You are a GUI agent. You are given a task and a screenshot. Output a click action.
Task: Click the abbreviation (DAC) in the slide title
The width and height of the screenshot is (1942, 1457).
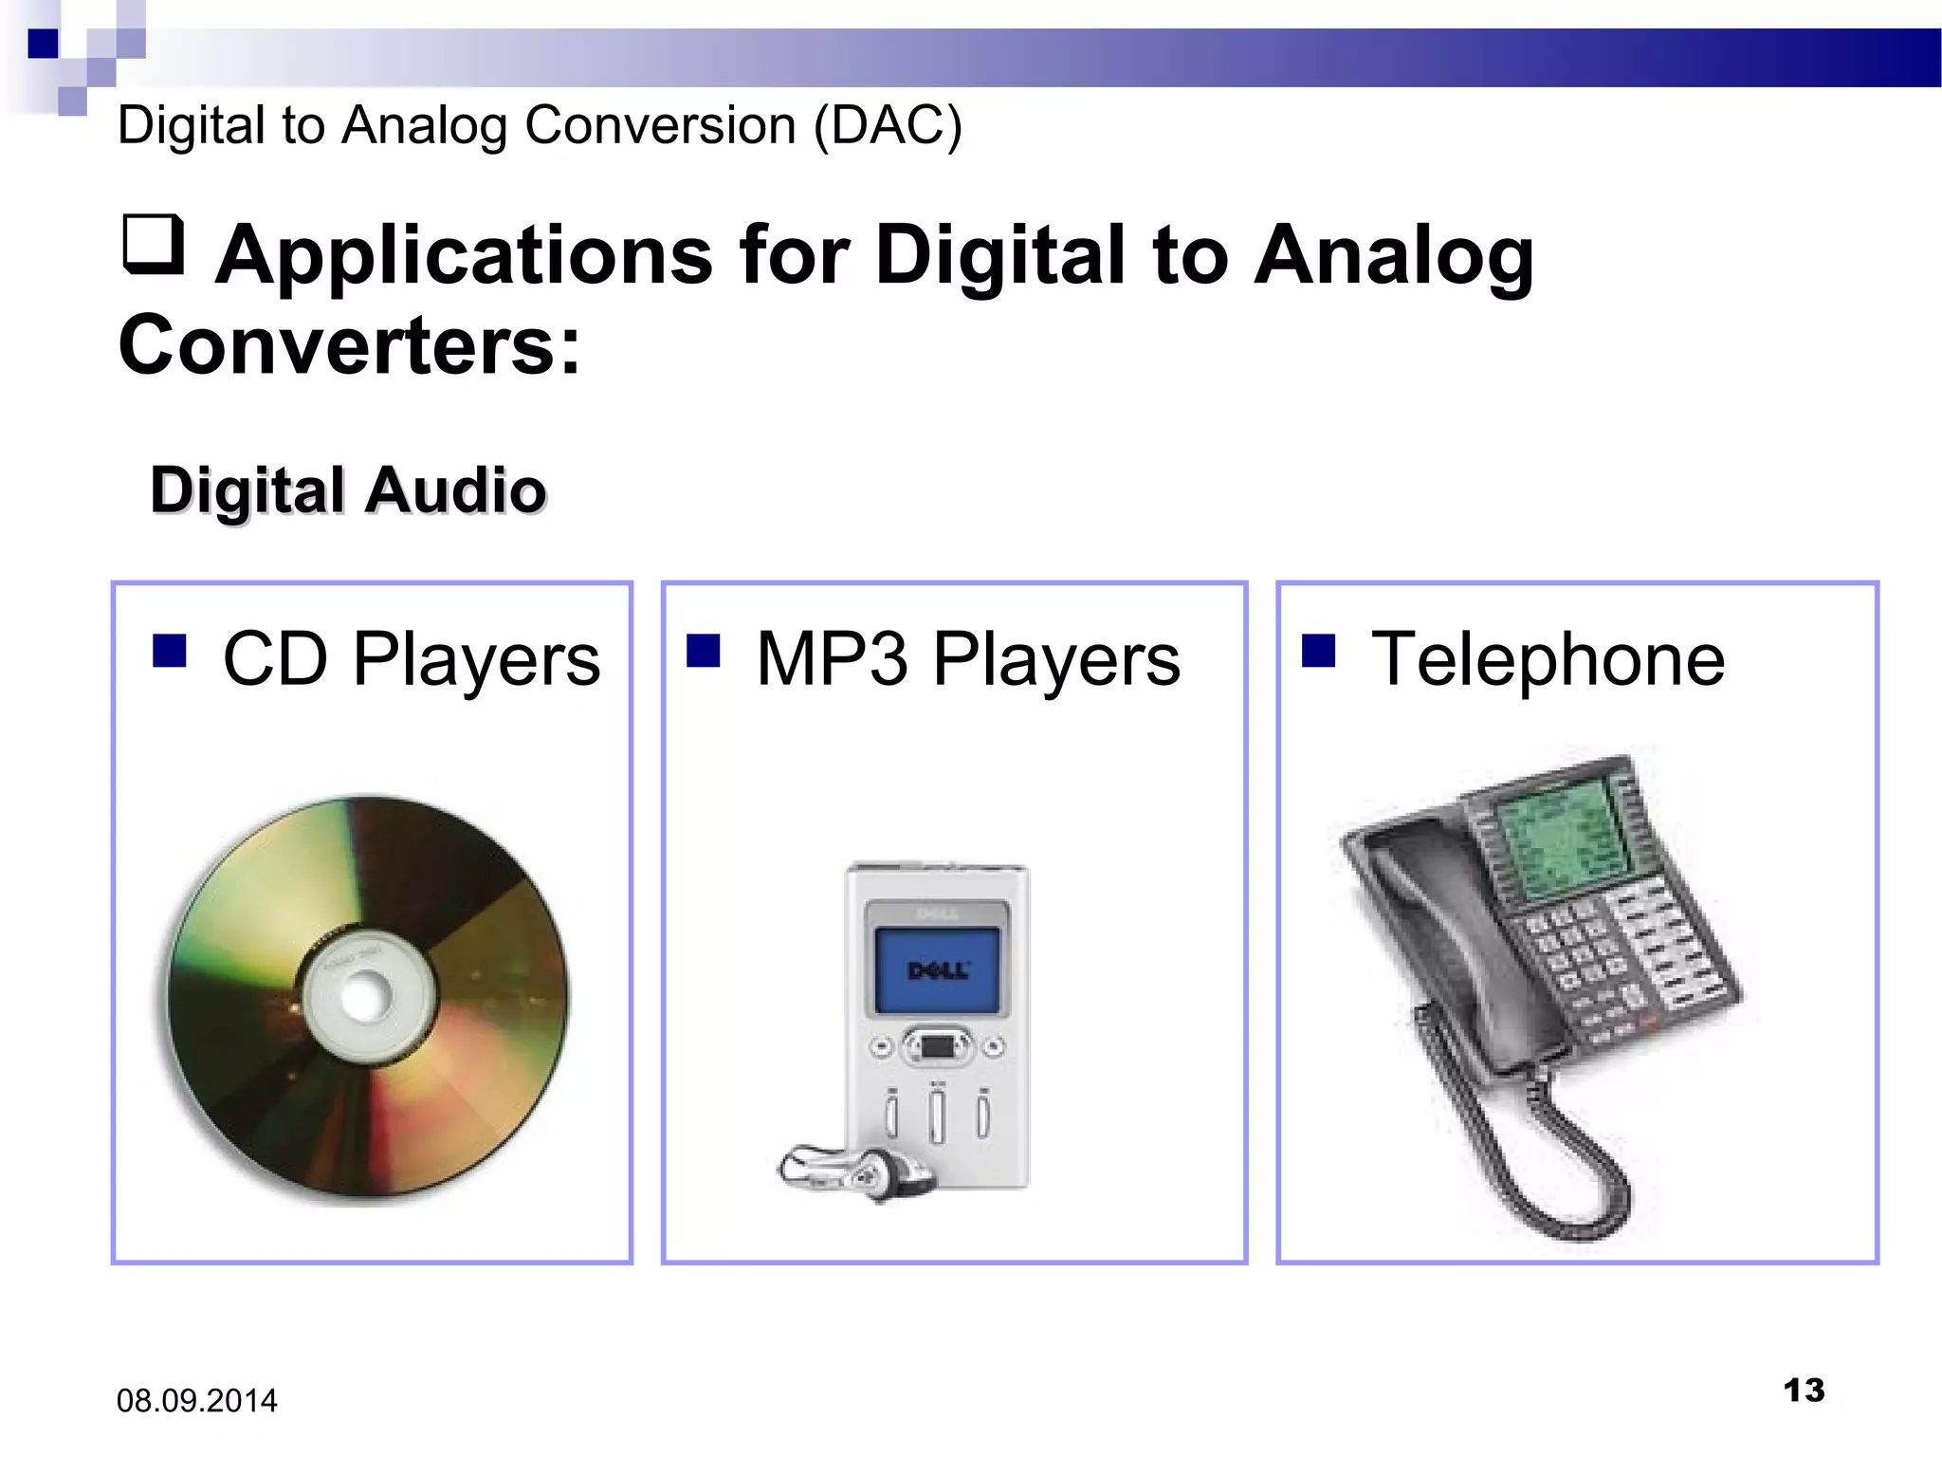pos(888,125)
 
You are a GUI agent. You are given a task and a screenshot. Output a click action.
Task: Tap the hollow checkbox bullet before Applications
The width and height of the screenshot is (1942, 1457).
pos(153,244)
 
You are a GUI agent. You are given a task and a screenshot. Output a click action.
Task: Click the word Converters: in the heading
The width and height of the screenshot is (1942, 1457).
pos(349,345)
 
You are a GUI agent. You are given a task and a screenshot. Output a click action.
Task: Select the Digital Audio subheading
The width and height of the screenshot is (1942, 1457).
pos(348,490)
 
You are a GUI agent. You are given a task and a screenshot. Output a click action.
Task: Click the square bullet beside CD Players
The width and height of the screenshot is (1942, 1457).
pos(170,651)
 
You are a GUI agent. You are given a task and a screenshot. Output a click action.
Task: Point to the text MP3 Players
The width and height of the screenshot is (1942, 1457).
pos(967,659)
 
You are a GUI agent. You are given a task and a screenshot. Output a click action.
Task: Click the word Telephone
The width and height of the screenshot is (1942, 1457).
pos(1548,659)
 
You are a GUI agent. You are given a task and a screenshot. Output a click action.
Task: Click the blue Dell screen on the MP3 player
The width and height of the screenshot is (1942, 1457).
pos(937,970)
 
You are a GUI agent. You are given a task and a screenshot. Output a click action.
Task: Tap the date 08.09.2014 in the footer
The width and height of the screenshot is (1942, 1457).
pos(196,1401)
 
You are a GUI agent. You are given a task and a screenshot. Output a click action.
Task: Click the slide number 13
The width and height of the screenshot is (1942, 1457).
pos(1804,1391)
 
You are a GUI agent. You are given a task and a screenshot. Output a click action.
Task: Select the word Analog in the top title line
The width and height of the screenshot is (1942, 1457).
pos(424,126)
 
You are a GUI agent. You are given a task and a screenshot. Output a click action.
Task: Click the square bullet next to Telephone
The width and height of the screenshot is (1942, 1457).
pos(1318,651)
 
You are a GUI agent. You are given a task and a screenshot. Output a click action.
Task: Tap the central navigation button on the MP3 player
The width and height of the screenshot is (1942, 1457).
pos(937,1047)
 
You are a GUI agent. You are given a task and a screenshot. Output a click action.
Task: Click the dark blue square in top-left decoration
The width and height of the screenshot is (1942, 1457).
pos(43,44)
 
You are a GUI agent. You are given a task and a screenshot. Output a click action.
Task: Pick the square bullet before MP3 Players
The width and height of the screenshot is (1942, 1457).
pos(703,651)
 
